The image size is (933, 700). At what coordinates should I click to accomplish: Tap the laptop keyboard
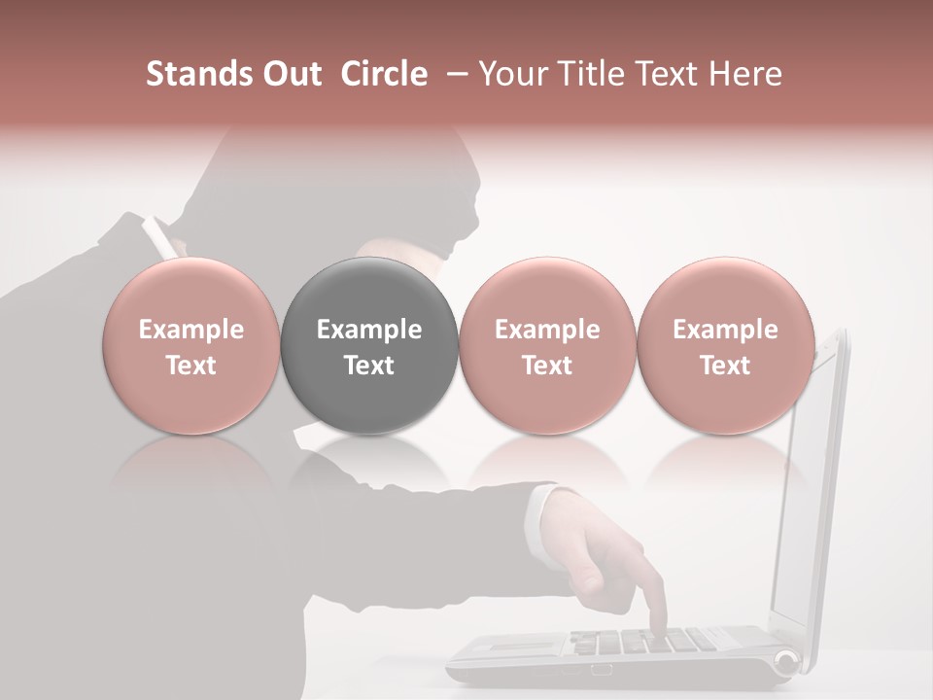point(641,642)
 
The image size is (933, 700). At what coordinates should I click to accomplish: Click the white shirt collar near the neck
point(158,238)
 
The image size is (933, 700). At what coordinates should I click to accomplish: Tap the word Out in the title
point(291,74)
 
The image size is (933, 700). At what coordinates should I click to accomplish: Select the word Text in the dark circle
point(368,366)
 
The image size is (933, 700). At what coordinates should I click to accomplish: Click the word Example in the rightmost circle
point(725,330)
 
